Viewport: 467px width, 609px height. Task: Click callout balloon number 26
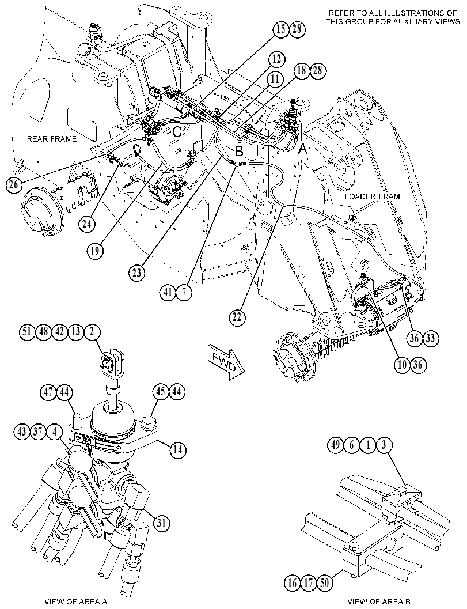(14, 184)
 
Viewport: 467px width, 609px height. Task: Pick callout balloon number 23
(136, 273)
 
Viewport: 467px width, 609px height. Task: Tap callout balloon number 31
(161, 523)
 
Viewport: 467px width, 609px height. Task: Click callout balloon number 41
(168, 293)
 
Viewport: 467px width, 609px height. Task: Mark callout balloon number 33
(430, 338)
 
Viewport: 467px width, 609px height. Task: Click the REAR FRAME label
(52, 139)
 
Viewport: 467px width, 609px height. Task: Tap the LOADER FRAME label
(375, 196)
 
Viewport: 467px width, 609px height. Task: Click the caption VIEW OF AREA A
(75, 602)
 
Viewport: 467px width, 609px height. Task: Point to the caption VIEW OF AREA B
(378, 602)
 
